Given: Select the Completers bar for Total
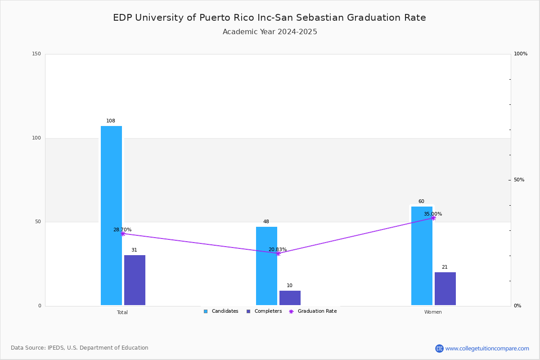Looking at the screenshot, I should tap(135, 280).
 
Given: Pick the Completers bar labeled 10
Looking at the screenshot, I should tap(290, 298).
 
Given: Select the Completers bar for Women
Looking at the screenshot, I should tap(445, 288).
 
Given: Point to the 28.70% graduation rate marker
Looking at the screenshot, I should tap(123, 234).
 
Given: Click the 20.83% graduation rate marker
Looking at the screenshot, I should tap(278, 253).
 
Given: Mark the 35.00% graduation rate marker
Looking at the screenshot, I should tap(433, 218).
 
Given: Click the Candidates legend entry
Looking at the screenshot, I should tap(221, 311).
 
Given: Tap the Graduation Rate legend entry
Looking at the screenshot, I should tap(313, 311).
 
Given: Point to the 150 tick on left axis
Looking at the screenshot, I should tap(36, 54).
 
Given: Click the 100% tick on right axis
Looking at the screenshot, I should tap(521, 54).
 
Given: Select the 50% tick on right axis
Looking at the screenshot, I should tap(519, 180).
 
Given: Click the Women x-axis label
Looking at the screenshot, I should tap(433, 312).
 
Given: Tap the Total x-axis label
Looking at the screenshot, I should tap(122, 312).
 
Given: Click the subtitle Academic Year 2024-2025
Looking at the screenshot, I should tap(270, 32).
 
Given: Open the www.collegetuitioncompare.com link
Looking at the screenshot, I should tap(487, 348).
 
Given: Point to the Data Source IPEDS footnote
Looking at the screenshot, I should tap(80, 348).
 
